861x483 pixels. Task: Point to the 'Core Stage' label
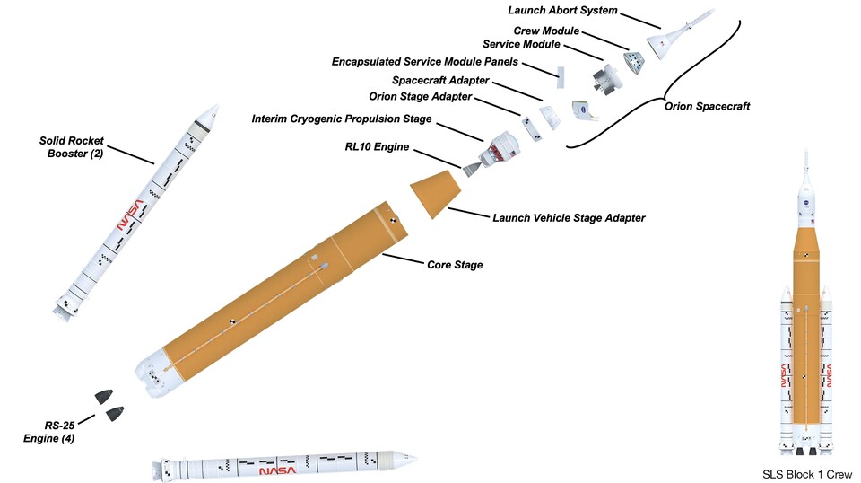coord(454,265)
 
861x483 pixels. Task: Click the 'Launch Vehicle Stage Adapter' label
coord(570,217)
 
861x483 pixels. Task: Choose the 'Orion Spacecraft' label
coord(708,106)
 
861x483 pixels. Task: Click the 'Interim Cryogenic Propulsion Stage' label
coord(342,119)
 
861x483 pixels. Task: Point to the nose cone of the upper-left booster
coord(209,113)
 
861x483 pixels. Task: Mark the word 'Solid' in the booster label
coord(56,141)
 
